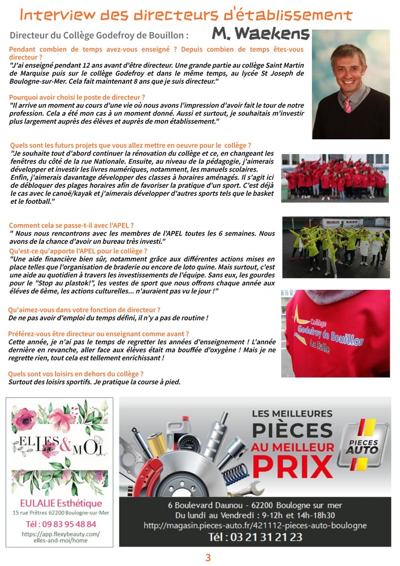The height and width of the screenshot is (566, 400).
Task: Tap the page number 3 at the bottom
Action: tap(208, 558)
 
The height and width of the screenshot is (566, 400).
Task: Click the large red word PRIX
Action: tap(293, 466)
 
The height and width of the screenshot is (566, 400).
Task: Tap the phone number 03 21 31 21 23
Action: tap(255, 537)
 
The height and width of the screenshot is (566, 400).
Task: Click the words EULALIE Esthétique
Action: tap(62, 503)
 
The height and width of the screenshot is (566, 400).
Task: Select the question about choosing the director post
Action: tap(77, 97)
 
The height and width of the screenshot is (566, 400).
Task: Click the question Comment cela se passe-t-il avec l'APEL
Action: tap(71, 225)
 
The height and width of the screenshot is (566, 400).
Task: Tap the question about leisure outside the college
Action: tap(76, 374)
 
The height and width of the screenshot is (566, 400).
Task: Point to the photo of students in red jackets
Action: tap(335, 178)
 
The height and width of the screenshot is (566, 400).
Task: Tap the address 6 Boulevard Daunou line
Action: tap(255, 505)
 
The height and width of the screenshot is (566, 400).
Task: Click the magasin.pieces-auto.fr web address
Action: tap(255, 525)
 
